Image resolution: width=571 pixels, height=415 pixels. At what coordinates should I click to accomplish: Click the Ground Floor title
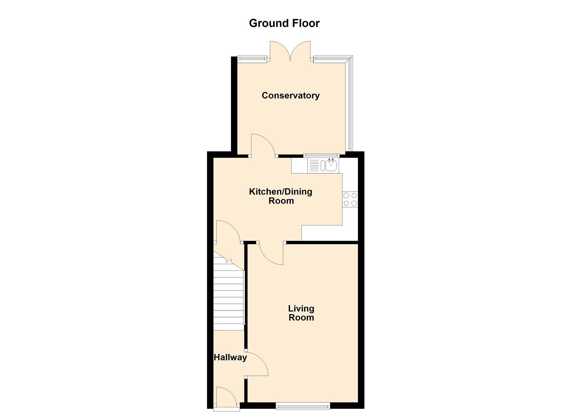[x=284, y=23]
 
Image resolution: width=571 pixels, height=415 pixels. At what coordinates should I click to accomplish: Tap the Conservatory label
[x=290, y=95]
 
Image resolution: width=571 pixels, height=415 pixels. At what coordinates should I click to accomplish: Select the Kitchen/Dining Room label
[x=281, y=196]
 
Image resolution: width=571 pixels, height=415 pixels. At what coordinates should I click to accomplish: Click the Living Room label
[x=301, y=313]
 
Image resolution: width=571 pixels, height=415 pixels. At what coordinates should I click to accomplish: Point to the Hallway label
[x=230, y=357]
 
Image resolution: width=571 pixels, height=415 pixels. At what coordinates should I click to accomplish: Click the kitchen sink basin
[x=331, y=166]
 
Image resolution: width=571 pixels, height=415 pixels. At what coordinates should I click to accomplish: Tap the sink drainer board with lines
[x=314, y=166]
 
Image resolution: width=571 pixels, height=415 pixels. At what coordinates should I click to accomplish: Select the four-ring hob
[x=350, y=199]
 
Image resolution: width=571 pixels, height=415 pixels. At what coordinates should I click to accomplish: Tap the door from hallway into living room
[x=256, y=364]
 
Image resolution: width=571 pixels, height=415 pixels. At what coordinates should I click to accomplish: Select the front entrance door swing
[x=226, y=397]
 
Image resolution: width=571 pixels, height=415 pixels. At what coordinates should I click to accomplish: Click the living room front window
[x=303, y=405]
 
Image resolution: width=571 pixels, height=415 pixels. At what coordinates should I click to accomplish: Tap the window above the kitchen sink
[x=320, y=155]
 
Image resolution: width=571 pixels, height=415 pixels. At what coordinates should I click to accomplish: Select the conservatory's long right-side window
[x=349, y=104]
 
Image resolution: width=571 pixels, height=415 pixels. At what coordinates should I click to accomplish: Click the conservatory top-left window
[x=252, y=59]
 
